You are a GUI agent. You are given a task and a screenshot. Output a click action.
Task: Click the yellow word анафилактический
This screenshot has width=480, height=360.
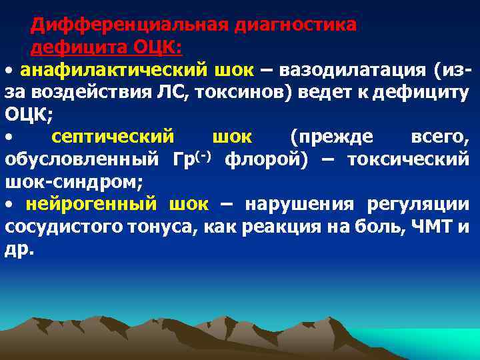click(x=109, y=70)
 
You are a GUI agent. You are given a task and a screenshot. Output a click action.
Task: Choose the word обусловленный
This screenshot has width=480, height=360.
click(x=82, y=159)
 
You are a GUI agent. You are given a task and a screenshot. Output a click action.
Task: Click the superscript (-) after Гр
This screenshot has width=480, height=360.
click(x=203, y=155)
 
